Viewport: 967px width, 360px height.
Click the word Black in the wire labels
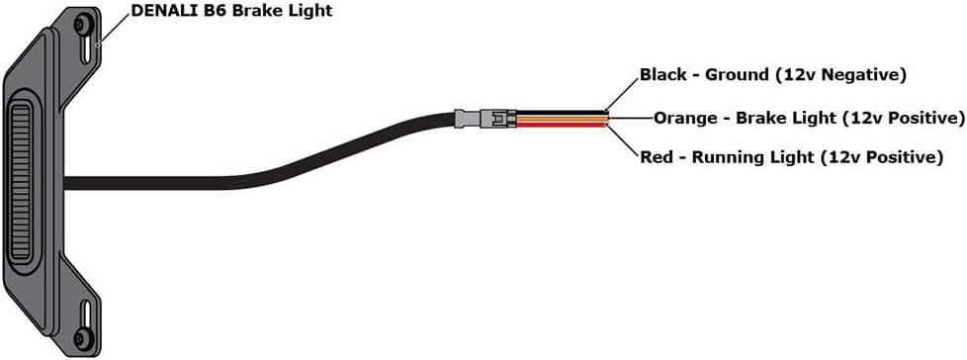click(x=663, y=74)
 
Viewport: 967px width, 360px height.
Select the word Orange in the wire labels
click(x=685, y=119)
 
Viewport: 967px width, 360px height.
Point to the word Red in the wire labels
click(x=658, y=157)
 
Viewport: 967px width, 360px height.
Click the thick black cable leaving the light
click(x=247, y=174)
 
